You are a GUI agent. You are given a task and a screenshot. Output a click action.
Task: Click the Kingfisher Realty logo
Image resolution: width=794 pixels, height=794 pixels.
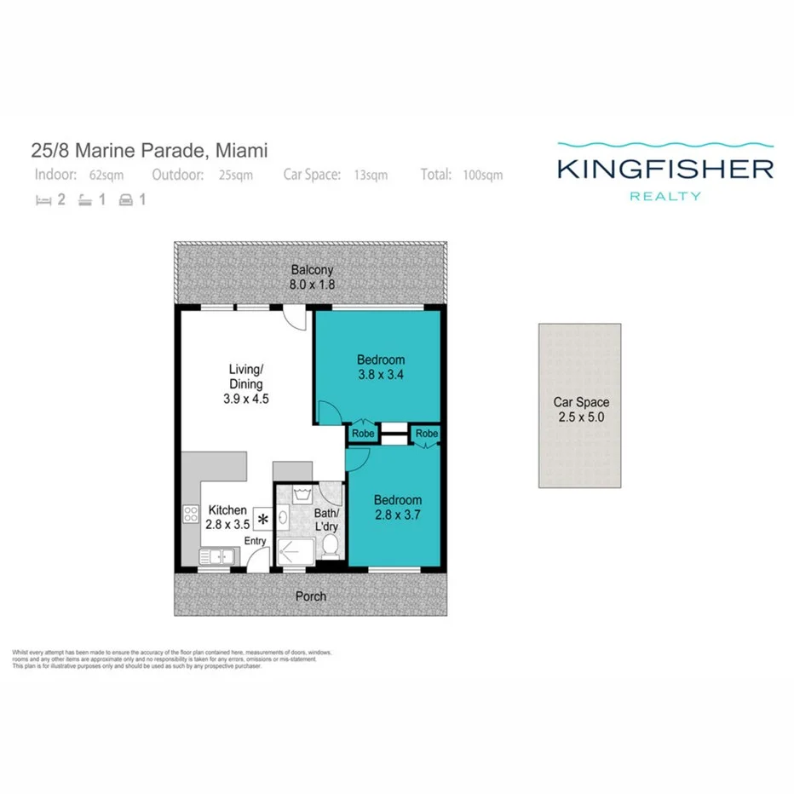tap(665, 170)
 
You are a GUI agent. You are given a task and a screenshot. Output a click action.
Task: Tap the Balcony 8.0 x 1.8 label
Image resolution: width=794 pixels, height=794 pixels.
tap(310, 277)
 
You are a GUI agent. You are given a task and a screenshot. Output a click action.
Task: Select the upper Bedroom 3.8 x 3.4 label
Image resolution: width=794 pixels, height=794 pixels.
tap(381, 367)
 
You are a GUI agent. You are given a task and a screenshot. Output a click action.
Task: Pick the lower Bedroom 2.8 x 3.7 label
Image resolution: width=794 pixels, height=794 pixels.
tap(397, 507)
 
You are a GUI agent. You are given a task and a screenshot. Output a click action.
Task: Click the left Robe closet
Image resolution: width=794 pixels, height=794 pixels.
tap(361, 434)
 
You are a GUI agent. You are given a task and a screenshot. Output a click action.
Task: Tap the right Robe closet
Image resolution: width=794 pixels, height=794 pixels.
tap(426, 434)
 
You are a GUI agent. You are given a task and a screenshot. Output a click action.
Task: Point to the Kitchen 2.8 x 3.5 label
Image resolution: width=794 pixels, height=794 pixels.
tap(227, 517)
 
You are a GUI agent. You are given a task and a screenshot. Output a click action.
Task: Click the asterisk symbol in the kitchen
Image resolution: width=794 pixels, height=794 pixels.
tap(262, 519)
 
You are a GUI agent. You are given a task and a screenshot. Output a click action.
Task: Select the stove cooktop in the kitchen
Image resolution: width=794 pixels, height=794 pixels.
tap(190, 514)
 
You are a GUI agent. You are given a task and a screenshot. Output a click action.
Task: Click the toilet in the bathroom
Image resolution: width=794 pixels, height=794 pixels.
tap(331, 544)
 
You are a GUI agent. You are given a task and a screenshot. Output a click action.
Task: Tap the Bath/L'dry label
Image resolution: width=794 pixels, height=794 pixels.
tap(326, 521)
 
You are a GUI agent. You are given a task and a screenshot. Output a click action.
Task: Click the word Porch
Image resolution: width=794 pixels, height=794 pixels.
tap(310, 595)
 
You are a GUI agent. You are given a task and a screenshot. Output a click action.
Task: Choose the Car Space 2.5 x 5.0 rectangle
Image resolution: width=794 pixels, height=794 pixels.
tap(579, 406)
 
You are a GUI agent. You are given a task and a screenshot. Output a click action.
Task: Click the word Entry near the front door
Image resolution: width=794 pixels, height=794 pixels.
tap(256, 541)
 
